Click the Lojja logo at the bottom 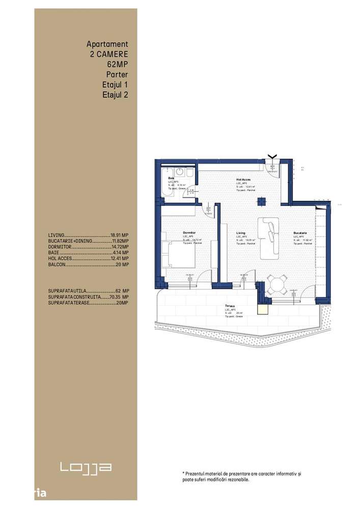[x=86, y=467]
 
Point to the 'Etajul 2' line [x=115, y=94]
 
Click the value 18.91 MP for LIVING [x=120, y=235]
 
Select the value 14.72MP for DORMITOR [x=120, y=247]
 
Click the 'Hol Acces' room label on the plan [x=243, y=180]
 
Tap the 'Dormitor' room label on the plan [x=189, y=232]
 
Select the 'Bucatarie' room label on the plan [x=300, y=232]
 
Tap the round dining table [x=277, y=285]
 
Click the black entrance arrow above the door [x=272, y=156]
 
